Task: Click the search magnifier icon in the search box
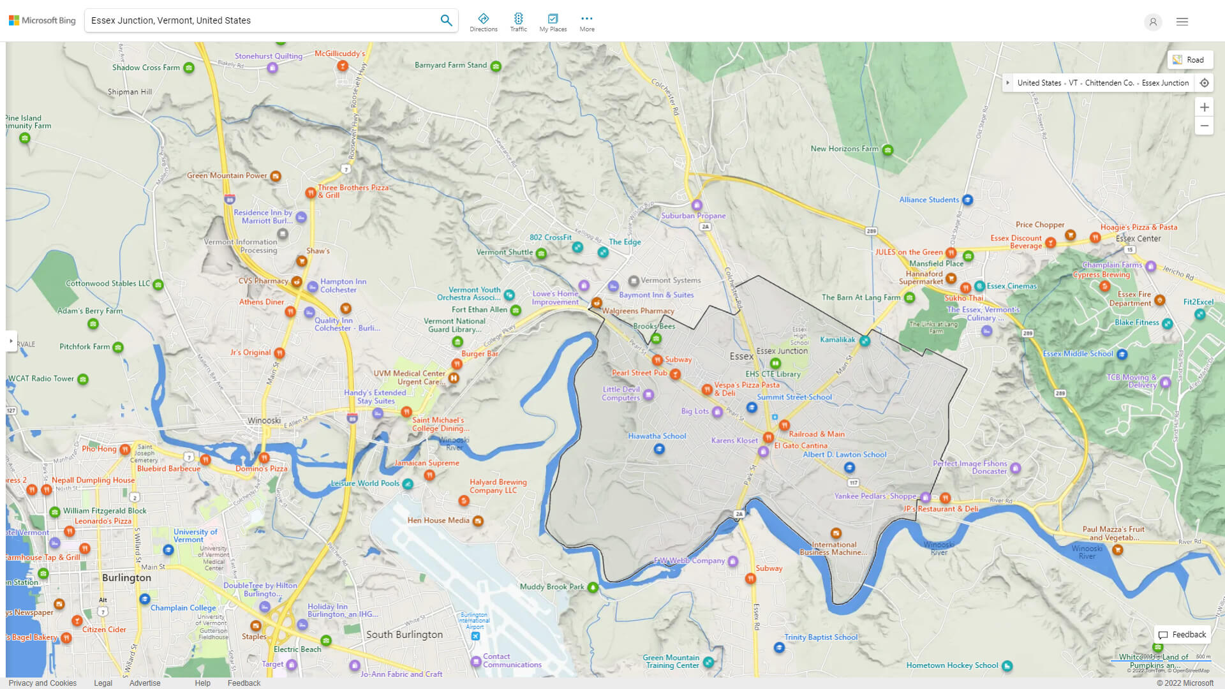[x=446, y=20]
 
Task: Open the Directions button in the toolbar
[x=483, y=22]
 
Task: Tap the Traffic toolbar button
[x=518, y=22]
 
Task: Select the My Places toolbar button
[x=553, y=22]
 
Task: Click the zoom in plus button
[x=1204, y=107]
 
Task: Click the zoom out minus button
[x=1204, y=126]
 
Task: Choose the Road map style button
[x=1189, y=60]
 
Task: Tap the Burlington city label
[x=126, y=578]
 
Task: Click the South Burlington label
[x=404, y=635]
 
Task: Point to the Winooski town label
[x=264, y=421]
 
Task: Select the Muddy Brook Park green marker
[x=593, y=588]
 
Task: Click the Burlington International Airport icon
[x=475, y=636]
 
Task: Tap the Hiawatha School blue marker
[x=659, y=449]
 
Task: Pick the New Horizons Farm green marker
[x=887, y=151]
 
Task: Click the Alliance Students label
[x=928, y=200]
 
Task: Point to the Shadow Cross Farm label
[x=145, y=68]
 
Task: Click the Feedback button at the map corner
[x=1182, y=635]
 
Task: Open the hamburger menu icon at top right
[x=1182, y=22]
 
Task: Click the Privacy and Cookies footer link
[x=42, y=683]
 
